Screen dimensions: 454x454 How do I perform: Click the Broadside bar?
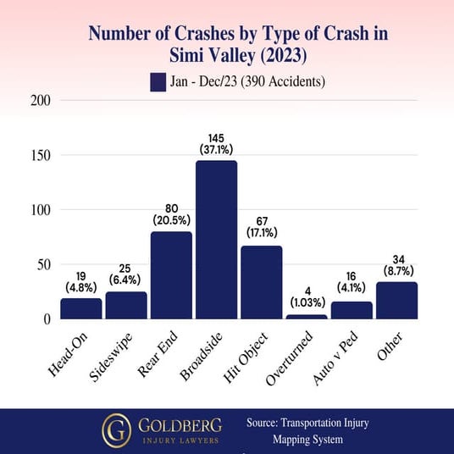coord(216,240)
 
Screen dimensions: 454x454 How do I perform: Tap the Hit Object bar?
coord(261,282)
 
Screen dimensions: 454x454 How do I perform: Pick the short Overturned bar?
coord(306,317)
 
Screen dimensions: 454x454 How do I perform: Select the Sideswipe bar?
coord(126,305)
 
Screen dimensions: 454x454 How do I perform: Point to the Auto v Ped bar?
coord(351,310)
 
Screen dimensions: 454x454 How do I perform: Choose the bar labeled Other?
coord(396,301)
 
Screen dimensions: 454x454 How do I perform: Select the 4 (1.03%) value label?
coord(306,296)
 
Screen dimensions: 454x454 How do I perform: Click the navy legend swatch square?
coord(158,81)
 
